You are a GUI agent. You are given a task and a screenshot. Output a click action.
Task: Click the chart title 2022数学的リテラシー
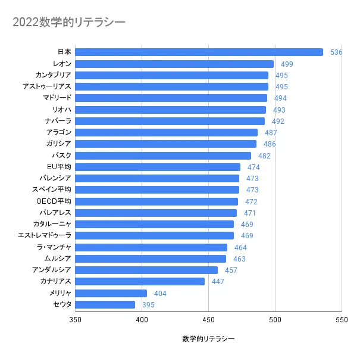coord(69,22)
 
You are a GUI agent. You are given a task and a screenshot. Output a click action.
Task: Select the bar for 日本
coord(199,52)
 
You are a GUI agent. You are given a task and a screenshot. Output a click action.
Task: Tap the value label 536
coord(336,52)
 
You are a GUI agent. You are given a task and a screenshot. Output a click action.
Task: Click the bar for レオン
coord(174,64)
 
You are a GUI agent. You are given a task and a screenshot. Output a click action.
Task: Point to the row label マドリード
coord(57,98)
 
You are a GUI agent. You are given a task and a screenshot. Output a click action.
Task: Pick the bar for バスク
coord(163,155)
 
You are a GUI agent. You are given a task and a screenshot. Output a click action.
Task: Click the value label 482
coord(264,156)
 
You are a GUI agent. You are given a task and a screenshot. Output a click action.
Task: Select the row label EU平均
coord(59,166)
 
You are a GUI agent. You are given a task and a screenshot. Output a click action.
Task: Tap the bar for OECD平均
coord(156,201)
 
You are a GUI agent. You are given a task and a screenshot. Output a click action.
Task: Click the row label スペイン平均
coord(52,189)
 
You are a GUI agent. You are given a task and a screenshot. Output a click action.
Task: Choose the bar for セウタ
coord(105,304)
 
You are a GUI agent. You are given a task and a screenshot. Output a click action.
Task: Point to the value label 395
coord(148,305)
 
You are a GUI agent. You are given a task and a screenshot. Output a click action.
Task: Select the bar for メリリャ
coord(111,293)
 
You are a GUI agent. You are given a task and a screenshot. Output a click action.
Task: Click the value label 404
coord(160,294)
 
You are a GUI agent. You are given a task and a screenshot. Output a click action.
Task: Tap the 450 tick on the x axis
coord(208,320)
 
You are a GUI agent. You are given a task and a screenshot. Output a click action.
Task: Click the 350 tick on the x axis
coord(75,320)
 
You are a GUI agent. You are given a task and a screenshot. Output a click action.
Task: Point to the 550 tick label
coord(342,320)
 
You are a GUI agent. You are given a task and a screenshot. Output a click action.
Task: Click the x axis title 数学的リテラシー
coord(208,339)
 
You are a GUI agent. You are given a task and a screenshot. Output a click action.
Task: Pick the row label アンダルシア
coord(52,270)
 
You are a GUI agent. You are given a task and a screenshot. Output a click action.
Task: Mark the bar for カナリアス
coord(140,281)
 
